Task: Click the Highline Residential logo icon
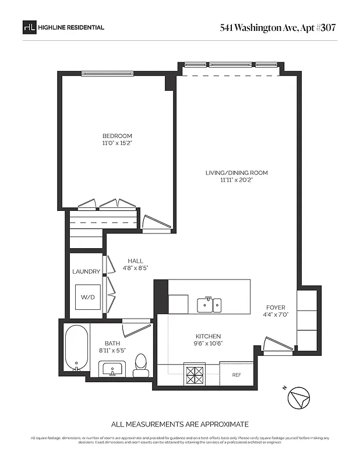coord(29,27)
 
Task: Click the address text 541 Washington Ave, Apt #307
coord(278,27)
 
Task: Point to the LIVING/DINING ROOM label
coord(237,173)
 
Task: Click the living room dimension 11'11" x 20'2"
coord(237,181)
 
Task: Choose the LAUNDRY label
coord(86,271)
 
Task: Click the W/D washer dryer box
coord(87,297)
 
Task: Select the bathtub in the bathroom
coord(76,348)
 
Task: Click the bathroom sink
coord(112,368)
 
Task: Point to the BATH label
coord(112,344)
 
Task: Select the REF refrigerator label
coord(237,375)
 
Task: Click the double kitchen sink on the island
coord(209,304)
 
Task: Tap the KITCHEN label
coord(207,336)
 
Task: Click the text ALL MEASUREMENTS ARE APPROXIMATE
coord(179,424)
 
